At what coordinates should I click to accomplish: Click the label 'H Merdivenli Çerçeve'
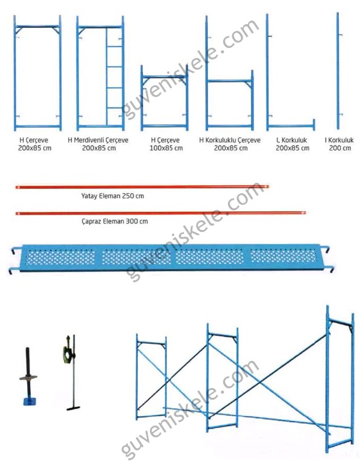[98, 140]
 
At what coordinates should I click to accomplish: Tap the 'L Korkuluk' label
[292, 140]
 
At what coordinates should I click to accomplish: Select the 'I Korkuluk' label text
[339, 140]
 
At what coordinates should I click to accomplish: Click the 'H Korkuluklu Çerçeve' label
[230, 140]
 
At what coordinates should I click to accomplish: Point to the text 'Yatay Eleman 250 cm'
[113, 196]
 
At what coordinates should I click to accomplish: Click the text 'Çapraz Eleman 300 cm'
[115, 221]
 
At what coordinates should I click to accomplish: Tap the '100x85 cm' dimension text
[166, 148]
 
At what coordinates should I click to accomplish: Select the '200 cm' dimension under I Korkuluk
[340, 148]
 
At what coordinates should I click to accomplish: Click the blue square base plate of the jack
[30, 401]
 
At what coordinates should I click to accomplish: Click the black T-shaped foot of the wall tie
[73, 408]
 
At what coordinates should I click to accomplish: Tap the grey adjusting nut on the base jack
[28, 377]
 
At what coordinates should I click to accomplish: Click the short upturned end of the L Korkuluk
[314, 124]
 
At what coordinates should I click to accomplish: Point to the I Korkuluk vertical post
[338, 71]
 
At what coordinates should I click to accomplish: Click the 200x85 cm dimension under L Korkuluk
[292, 148]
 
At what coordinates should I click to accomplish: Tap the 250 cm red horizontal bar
[142, 187]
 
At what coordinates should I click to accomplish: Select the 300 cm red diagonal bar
[161, 213]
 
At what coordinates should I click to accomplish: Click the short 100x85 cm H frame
[165, 98]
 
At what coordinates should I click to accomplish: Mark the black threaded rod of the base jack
[28, 373]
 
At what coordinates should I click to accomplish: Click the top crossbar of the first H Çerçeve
[38, 27]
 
